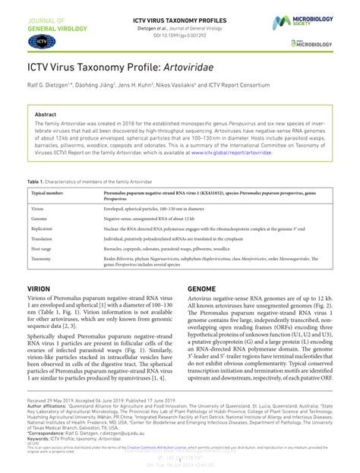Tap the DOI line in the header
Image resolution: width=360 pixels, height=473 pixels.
coord(179,35)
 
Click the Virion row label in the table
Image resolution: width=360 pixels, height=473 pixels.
coord(37,207)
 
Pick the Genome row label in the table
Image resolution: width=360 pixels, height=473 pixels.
coord(39,218)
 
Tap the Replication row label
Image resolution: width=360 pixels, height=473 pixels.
coord(42,229)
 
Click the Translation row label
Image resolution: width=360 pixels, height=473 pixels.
coord(42,238)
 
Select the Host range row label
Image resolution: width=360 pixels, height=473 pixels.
coord(42,249)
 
